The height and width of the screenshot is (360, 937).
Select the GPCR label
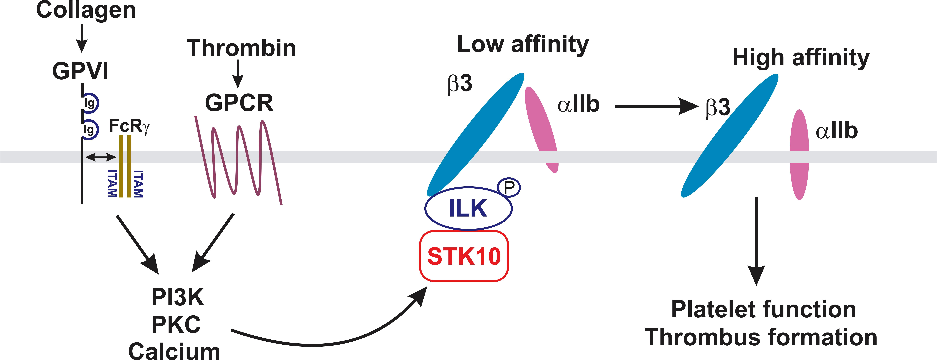[239, 103]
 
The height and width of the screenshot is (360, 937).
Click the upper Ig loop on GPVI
[90, 103]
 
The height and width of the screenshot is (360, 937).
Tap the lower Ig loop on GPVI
[90, 129]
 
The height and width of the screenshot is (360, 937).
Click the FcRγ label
[129, 126]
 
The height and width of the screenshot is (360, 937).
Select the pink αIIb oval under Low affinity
[541, 129]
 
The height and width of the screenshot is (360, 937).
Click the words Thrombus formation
[761, 337]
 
